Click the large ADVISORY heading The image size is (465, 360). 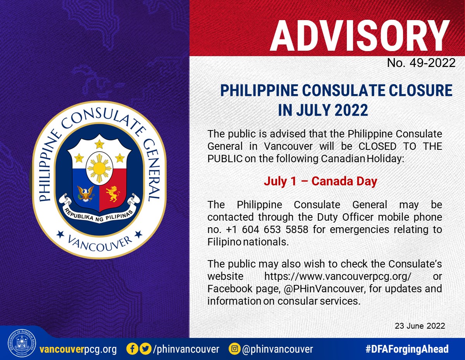360,36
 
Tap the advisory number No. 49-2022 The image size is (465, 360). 421,63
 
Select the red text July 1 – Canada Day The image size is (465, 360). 320,181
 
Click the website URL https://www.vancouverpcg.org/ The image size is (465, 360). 338,276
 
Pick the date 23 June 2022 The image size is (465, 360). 420,326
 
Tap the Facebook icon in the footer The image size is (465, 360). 132,349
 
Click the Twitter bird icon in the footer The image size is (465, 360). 146,349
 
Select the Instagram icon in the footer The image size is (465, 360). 234,349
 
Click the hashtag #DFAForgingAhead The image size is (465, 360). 407,349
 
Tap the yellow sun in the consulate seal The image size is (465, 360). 99,168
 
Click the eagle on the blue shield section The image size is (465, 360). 86,194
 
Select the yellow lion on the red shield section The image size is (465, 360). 113,194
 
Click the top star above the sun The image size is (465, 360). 100,144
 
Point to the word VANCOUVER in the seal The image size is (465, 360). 100,244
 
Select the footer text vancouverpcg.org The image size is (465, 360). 78,349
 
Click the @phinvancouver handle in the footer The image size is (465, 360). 277,349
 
